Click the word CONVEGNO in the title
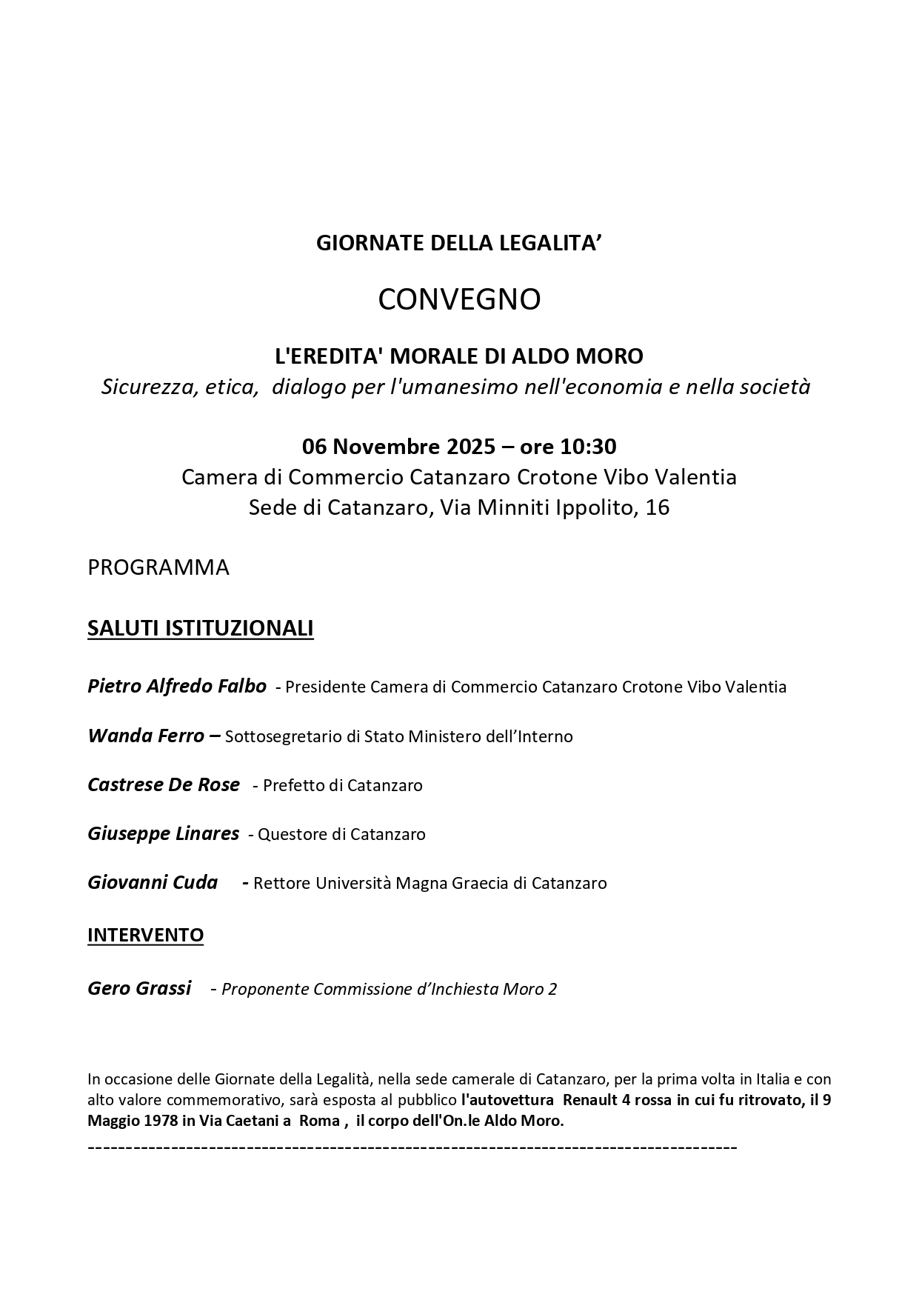point(459,300)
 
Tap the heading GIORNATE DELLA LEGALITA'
point(459,243)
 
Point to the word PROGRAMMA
point(158,567)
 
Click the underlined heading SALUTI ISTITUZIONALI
point(201,628)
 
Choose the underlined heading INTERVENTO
point(145,935)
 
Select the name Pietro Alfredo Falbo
point(177,686)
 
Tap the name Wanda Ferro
point(146,736)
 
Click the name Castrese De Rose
point(164,784)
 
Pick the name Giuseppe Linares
point(163,833)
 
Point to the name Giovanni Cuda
point(153,882)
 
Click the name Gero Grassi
point(139,988)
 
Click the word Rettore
point(282,884)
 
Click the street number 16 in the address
point(658,508)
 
